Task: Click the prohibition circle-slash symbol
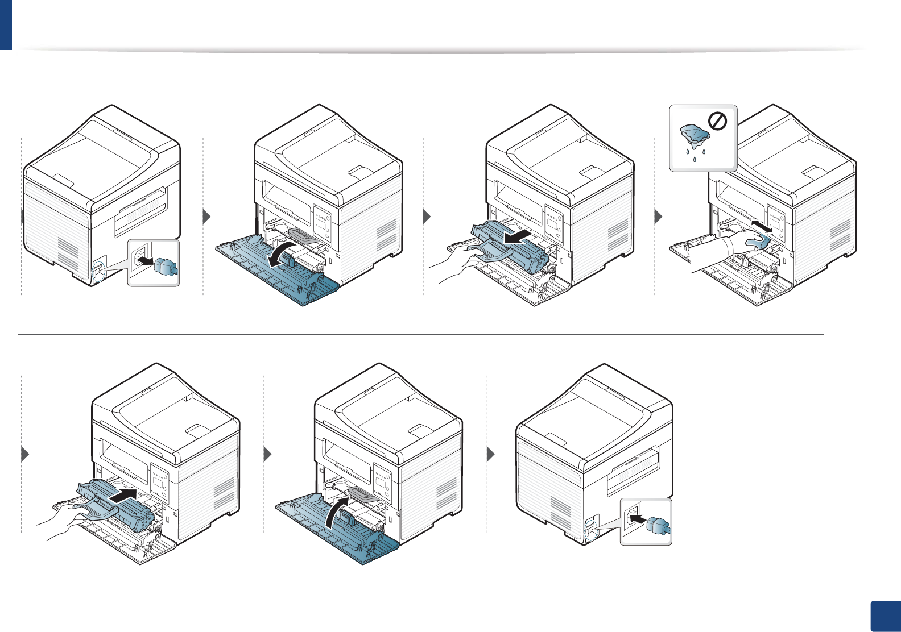point(718,121)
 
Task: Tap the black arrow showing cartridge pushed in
point(123,496)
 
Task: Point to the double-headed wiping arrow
point(761,226)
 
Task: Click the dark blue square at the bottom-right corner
point(886,616)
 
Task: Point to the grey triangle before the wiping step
point(659,217)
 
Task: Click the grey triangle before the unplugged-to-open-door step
point(206,217)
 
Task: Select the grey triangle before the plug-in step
point(491,455)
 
